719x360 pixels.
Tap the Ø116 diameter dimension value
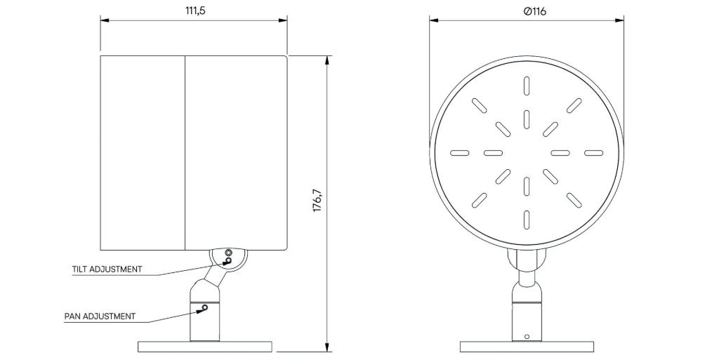(x=534, y=11)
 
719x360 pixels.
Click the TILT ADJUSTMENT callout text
(x=107, y=269)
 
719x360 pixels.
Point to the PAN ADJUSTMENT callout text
(x=100, y=316)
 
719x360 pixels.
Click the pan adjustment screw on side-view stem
(x=205, y=307)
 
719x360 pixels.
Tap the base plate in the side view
(x=205, y=347)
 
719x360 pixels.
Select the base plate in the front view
(x=527, y=347)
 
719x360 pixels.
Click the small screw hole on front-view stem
(x=527, y=337)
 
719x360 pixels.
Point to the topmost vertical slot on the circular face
(x=527, y=86)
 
